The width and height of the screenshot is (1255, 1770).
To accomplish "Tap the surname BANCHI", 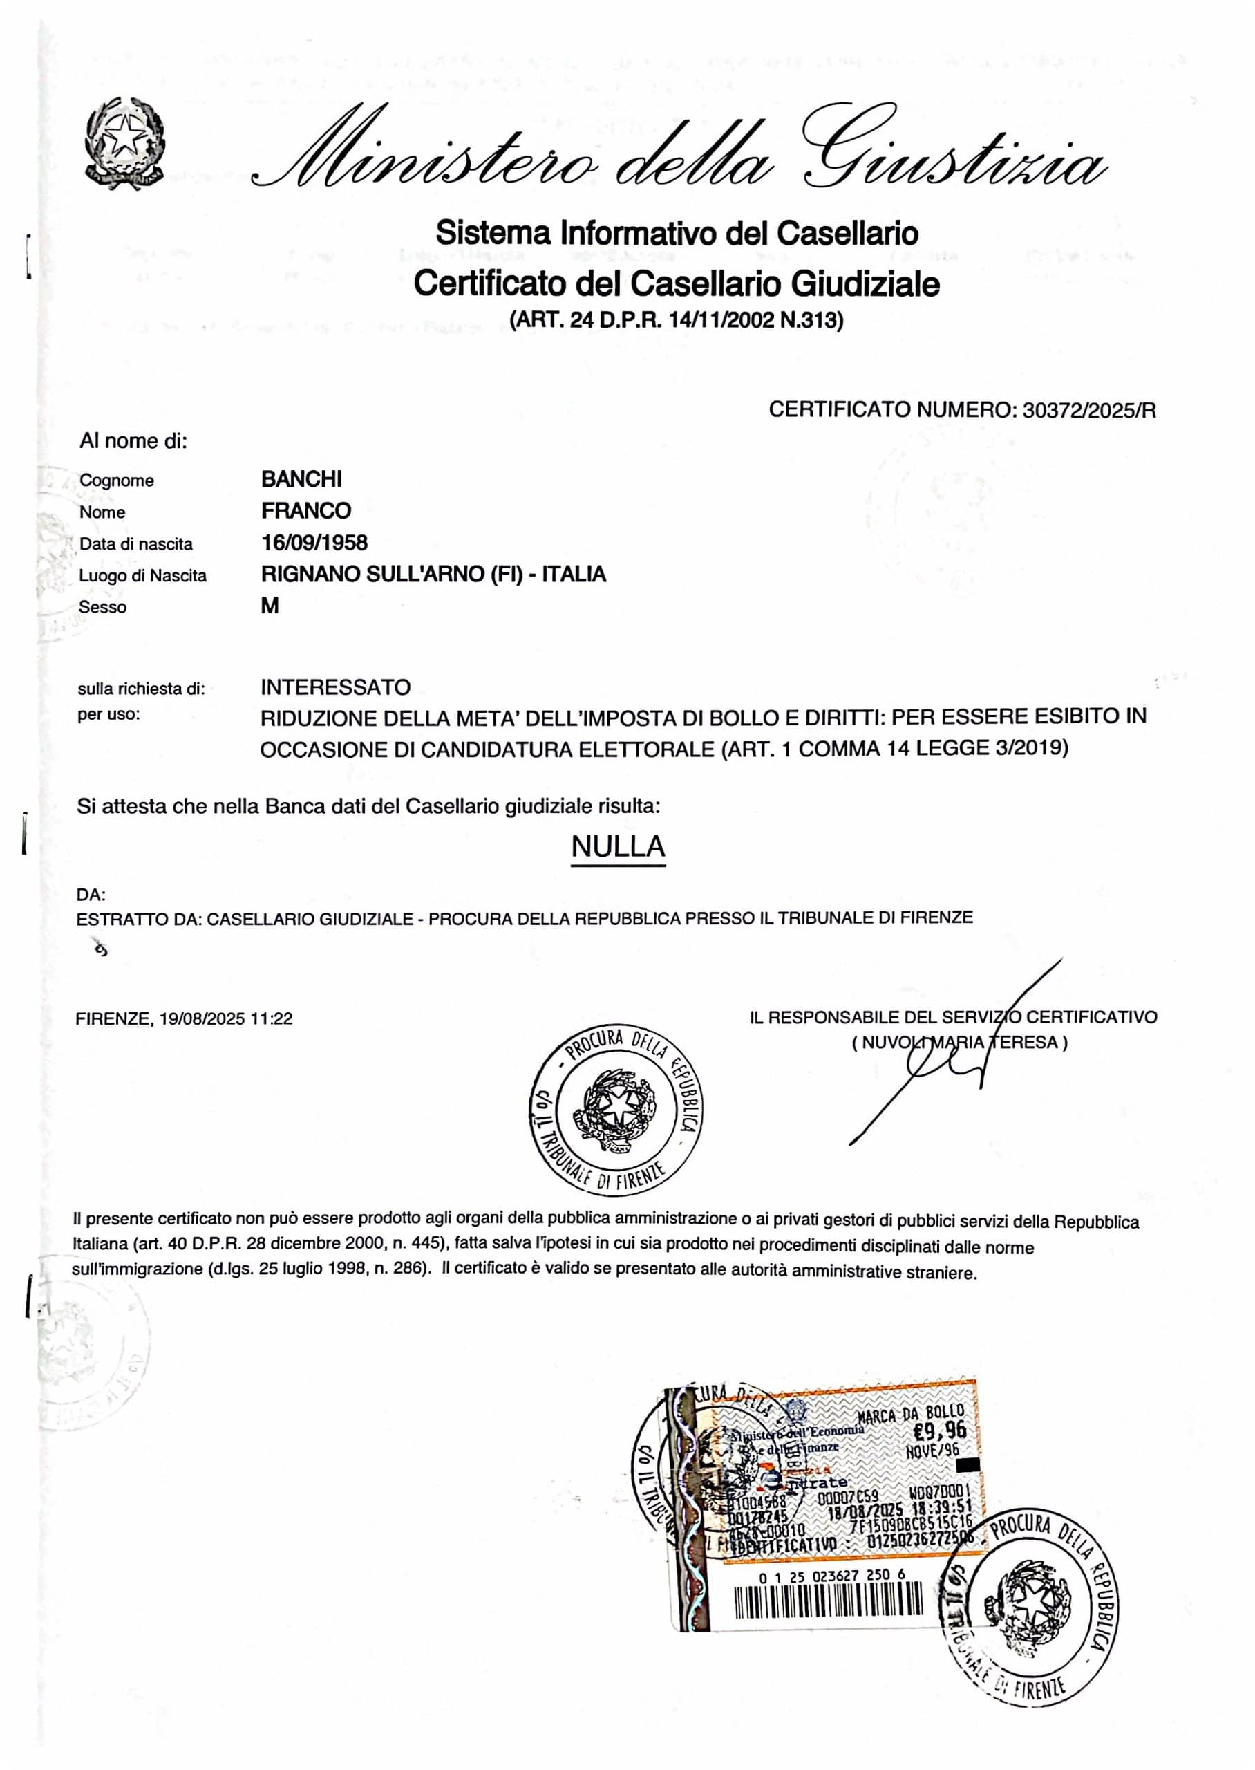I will (x=301, y=479).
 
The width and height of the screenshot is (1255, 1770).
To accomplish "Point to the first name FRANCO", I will (x=306, y=511).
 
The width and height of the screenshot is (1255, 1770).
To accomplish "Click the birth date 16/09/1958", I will (x=314, y=543).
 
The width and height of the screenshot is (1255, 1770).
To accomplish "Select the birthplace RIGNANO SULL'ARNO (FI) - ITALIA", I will (x=433, y=575).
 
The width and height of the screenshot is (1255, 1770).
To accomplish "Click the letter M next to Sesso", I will (x=270, y=606).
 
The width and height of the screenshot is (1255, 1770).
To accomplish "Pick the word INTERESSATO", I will (x=335, y=687).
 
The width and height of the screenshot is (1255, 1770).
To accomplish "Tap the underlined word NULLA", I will (x=617, y=846).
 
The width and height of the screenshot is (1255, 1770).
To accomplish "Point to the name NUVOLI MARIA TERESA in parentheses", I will (x=960, y=1043).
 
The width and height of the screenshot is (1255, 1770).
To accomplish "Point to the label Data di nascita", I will (x=136, y=544).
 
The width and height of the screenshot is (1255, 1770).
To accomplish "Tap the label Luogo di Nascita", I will (x=143, y=576).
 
